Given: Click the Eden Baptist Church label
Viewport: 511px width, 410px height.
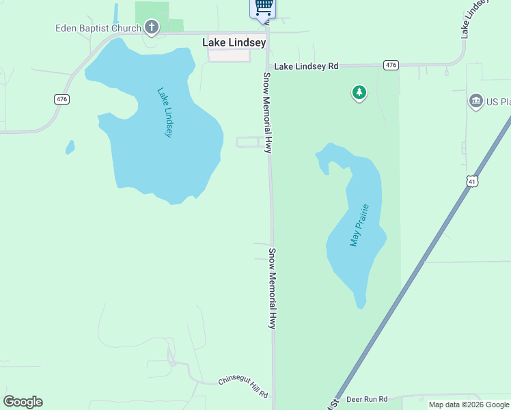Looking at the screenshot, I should (x=98, y=28).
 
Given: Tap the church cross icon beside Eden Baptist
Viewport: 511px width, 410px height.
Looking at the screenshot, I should (x=151, y=27).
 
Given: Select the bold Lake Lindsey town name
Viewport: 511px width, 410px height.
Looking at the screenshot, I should (x=234, y=42).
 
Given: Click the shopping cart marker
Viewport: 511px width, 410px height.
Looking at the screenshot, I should (x=264, y=7).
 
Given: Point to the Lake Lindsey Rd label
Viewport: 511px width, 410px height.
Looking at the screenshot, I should (x=307, y=66).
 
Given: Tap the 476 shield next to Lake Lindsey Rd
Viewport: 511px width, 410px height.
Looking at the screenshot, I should (x=390, y=65).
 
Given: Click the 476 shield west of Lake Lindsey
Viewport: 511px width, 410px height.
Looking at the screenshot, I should (x=61, y=99).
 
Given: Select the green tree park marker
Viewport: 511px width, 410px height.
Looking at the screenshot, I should (x=359, y=92).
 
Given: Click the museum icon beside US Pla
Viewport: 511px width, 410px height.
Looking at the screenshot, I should (x=475, y=102).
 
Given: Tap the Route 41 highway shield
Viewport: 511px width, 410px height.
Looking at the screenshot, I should (x=472, y=181).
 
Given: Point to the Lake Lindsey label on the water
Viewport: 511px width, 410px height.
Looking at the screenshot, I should (x=165, y=113).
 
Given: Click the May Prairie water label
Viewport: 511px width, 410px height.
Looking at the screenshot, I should (x=359, y=225).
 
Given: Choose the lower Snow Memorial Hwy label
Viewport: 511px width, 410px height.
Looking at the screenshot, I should (x=272, y=288).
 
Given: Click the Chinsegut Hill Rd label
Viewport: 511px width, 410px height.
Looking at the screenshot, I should (x=243, y=387).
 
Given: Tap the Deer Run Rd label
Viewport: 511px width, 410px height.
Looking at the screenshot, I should (x=367, y=399).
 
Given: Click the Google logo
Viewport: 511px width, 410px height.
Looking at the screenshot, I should (x=23, y=402).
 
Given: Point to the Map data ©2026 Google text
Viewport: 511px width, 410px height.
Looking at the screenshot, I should (x=469, y=405).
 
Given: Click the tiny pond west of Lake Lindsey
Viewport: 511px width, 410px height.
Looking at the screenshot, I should (x=70, y=147).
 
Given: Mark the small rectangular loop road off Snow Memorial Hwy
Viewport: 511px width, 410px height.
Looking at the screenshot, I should (x=247, y=142).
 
